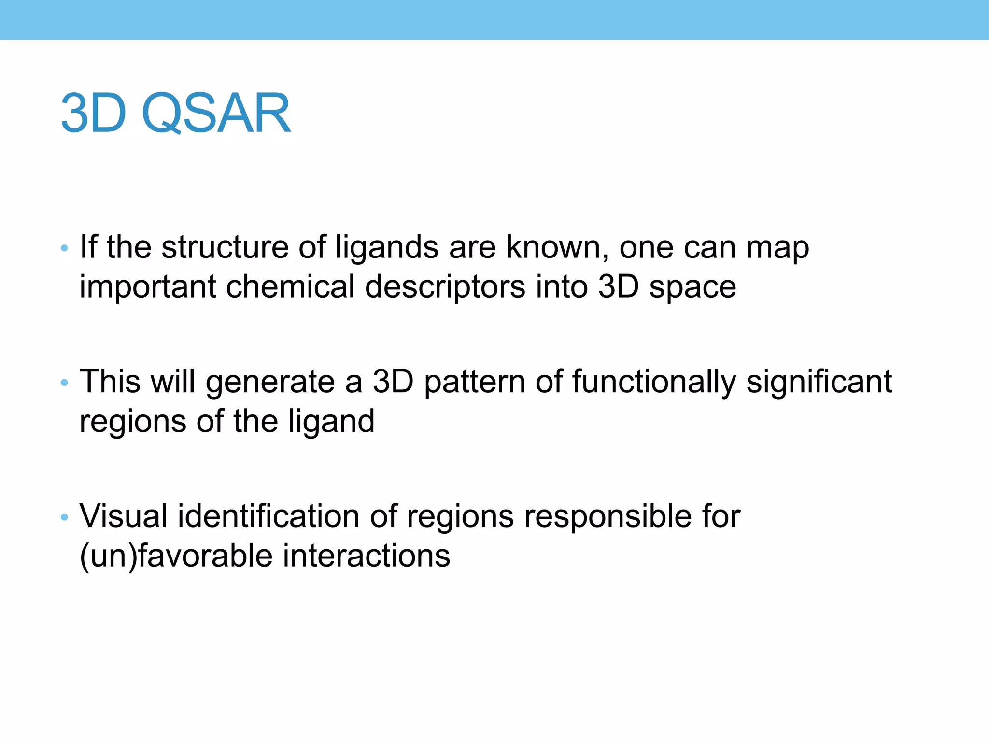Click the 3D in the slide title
93,114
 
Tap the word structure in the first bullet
225,247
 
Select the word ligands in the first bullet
387,248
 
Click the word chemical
290,287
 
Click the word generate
270,383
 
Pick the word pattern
474,383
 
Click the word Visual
123,516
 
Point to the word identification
268,516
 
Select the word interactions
366,556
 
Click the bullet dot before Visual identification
64,517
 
